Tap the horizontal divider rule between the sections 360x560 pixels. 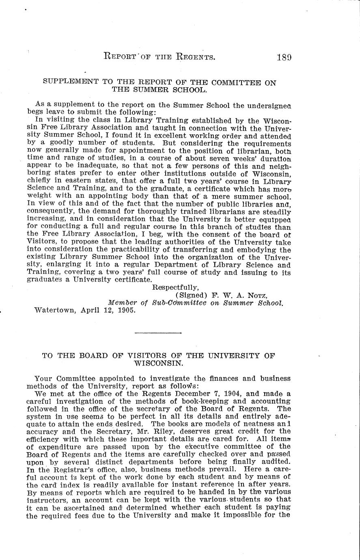coord(158,333)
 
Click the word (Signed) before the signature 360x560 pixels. coord(192,295)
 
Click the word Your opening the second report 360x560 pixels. coord(43,378)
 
